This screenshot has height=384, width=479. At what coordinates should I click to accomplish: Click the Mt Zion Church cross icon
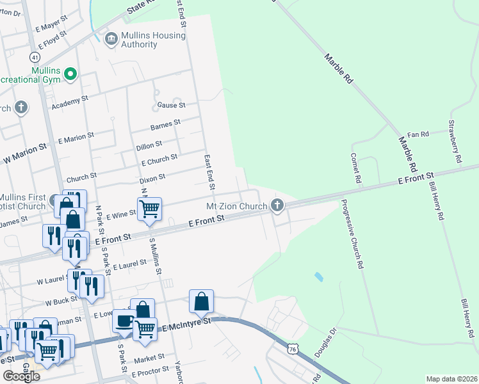point(277,205)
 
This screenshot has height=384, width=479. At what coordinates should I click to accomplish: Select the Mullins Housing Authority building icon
point(111,40)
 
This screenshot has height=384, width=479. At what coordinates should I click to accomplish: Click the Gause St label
point(172,105)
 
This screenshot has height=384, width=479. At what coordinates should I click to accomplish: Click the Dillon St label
point(149,146)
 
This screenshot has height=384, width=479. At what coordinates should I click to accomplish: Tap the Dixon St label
point(153,177)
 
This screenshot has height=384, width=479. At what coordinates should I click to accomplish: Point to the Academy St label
point(70,101)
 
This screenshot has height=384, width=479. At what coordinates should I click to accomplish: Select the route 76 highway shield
point(293,349)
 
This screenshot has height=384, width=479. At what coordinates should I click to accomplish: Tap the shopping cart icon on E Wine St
point(149,208)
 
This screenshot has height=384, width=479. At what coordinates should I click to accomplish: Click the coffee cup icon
point(124,321)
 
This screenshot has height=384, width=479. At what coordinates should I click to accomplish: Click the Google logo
point(21,376)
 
